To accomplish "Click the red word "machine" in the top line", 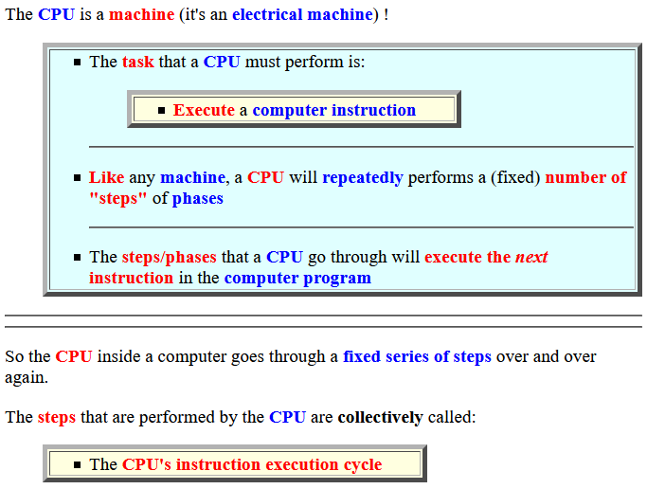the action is pos(141,14).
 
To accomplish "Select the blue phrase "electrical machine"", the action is pos(303,14).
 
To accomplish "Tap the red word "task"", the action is pos(137,62).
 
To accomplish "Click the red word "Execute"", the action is pos(204,110).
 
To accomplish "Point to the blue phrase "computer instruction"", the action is pos(334,111).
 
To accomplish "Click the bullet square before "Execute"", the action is pos(161,111).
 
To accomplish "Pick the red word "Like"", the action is pos(106,177).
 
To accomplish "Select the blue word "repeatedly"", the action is pos(363,178).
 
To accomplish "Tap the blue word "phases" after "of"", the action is pos(198,198).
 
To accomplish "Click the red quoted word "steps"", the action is pos(118,198).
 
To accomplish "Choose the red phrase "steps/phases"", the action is pos(170,258).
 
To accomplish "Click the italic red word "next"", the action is pos(531,258).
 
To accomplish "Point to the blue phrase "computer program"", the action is pos(297,279).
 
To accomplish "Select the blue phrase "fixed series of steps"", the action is pos(417,357).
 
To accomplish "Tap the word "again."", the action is pos(27,378).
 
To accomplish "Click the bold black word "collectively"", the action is pos(381,417).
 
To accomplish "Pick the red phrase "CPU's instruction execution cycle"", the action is pos(252,465).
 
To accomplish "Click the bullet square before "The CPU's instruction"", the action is pos(77,465).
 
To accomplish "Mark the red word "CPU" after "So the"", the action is pos(74,356).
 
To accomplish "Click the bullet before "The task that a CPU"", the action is pos(77,63).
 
